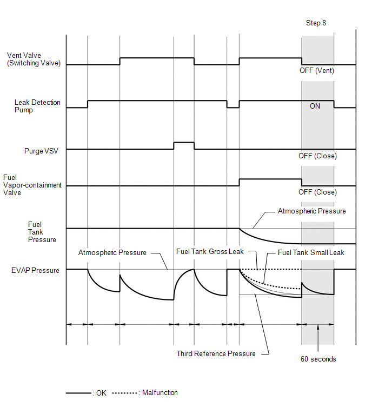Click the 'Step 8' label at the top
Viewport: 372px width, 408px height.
(x=316, y=23)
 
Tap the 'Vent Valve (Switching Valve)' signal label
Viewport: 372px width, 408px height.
(x=33, y=59)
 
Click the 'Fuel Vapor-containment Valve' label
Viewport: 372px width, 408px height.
(x=32, y=185)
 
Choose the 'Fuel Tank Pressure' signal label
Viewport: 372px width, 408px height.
(x=42, y=232)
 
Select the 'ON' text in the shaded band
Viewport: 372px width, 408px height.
(x=315, y=106)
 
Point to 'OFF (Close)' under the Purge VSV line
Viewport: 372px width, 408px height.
(x=317, y=156)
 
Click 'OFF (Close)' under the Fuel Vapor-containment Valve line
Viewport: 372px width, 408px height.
(x=317, y=192)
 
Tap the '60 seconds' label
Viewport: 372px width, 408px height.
(x=318, y=359)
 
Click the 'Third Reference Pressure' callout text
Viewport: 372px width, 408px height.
(x=216, y=354)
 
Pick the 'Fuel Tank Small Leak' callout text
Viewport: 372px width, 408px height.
(x=311, y=252)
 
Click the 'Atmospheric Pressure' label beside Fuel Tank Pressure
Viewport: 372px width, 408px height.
(x=311, y=211)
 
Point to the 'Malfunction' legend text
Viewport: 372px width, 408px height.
(x=160, y=393)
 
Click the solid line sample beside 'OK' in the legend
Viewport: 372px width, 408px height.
(x=78, y=393)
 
